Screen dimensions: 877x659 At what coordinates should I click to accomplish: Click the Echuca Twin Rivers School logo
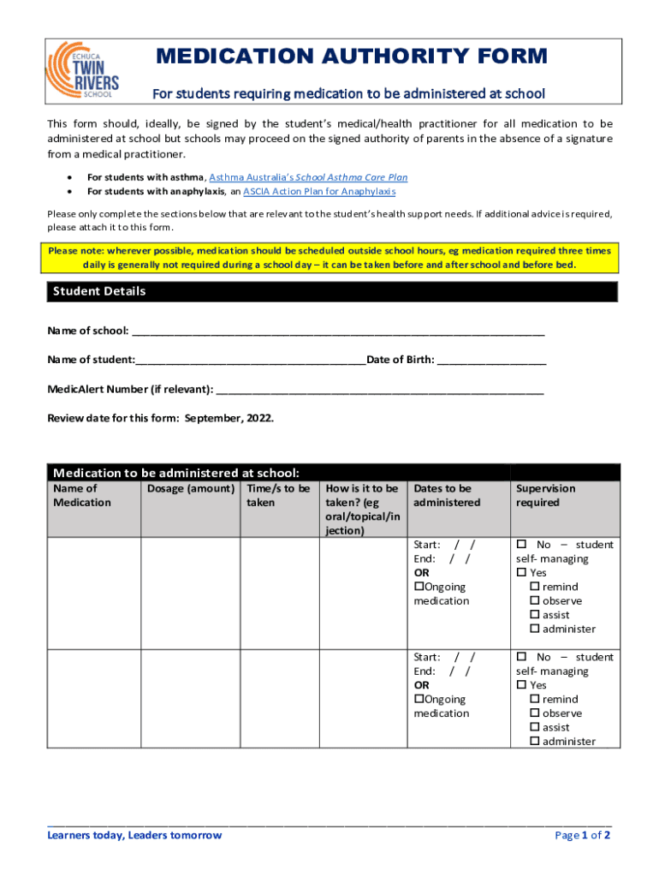click(83, 69)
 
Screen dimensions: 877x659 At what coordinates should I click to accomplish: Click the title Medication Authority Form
click(351, 57)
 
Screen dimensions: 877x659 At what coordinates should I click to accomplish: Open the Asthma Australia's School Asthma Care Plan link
click(308, 177)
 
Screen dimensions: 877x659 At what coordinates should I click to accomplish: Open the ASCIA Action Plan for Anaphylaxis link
click(319, 191)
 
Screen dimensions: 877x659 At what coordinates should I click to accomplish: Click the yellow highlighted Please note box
click(329, 258)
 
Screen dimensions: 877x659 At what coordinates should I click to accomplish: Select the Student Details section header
click(99, 291)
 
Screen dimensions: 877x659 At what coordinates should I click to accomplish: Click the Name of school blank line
click(338, 332)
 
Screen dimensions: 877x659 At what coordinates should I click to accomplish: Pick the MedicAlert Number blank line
click(380, 391)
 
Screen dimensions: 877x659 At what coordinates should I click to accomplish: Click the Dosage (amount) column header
click(190, 488)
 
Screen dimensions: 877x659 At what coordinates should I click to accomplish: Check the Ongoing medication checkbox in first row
click(419, 587)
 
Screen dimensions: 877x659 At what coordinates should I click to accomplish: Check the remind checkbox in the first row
click(535, 587)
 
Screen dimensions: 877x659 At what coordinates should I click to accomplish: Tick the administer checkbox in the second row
click(535, 742)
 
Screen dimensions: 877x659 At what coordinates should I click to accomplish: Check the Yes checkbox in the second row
click(521, 685)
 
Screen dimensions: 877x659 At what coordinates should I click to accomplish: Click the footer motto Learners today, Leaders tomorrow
click(134, 835)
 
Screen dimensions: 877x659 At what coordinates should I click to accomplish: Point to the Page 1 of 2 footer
click(582, 835)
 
